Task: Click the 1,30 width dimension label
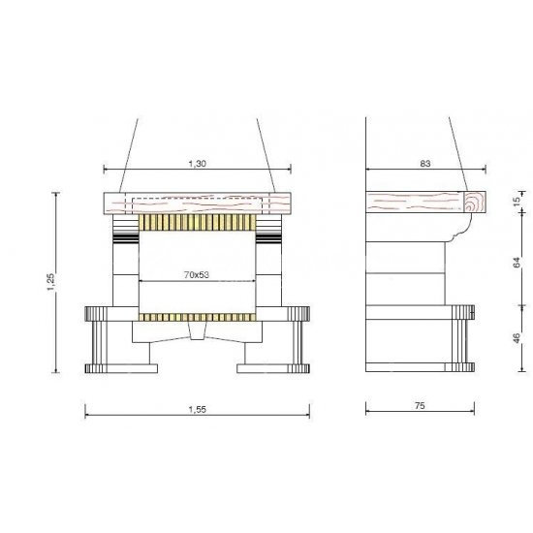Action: click(x=197, y=164)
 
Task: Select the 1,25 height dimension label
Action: click(x=50, y=282)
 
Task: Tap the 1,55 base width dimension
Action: click(x=197, y=409)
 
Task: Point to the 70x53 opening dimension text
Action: click(x=197, y=274)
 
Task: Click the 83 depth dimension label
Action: click(x=425, y=164)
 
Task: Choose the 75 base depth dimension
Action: click(x=420, y=405)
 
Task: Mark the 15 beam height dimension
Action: click(x=517, y=202)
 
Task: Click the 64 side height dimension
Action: click(x=517, y=262)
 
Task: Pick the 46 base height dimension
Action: click(x=517, y=338)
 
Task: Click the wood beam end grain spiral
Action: click(x=475, y=202)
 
